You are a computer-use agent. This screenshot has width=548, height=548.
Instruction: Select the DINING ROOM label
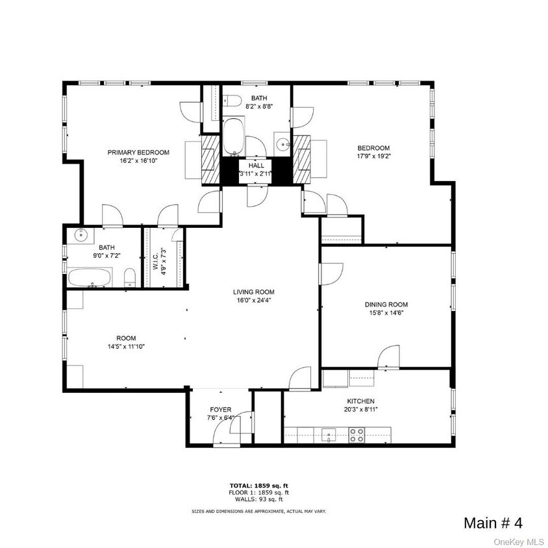[x=386, y=304]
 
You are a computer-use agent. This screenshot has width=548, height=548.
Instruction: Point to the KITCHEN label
[x=360, y=401]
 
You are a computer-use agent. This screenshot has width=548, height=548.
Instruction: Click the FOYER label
[x=220, y=409]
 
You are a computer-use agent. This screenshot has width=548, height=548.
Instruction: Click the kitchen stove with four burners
[x=356, y=434]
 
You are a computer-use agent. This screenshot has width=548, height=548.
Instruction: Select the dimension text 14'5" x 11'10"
[x=126, y=347]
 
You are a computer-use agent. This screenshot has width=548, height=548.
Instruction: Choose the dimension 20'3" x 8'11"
[x=360, y=410]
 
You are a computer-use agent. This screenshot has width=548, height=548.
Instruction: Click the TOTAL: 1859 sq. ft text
[x=258, y=486]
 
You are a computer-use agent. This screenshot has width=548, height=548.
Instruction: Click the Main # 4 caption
[x=492, y=523]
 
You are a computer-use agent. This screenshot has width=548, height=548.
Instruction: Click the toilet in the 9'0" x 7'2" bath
[x=129, y=277]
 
